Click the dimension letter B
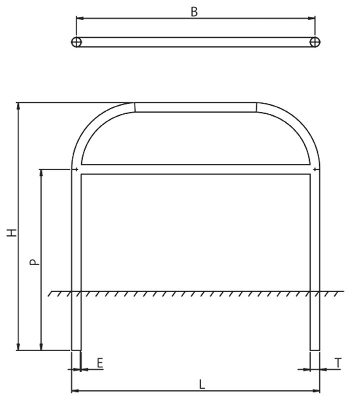194,12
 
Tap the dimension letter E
100,363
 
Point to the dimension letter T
338,363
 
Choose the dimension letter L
201,384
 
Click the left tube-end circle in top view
76,42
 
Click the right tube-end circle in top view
314,42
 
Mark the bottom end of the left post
76,350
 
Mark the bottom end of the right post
315,350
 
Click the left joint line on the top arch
135,107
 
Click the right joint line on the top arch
256,107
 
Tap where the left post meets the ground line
76,291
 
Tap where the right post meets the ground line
315,291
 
